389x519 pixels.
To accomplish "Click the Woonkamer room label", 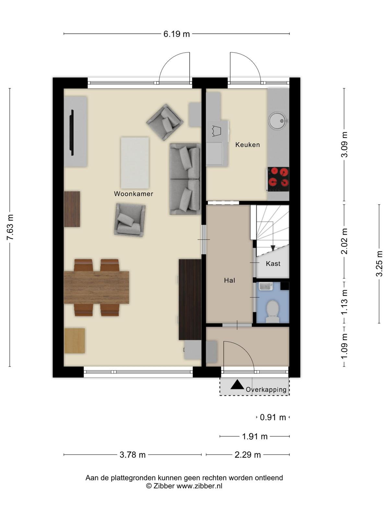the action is tap(134, 194).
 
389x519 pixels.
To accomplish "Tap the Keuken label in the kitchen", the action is tap(248, 145).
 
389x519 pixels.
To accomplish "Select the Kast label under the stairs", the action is tap(273, 263).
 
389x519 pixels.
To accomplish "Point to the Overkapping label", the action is tap(266, 390).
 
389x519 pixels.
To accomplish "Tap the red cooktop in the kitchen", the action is tap(278, 179).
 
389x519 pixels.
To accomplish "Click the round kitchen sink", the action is tap(278, 121).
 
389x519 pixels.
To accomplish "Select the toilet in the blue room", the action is tap(272, 312).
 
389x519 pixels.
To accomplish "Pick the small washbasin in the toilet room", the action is tap(266, 286).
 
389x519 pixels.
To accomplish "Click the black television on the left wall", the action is tap(72, 132).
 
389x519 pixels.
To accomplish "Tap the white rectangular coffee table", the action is tap(135, 163).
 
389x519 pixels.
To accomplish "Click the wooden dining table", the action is tap(96, 287).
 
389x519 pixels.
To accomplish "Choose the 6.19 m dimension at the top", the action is tap(177, 34).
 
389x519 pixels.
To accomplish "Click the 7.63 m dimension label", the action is tap(10, 227).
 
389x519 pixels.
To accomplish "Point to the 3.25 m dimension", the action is tap(379, 263).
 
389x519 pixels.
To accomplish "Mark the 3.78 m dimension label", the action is tap(133, 455).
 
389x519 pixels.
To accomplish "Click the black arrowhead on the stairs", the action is tap(273, 248).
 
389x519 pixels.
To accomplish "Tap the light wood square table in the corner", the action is tap(75, 341).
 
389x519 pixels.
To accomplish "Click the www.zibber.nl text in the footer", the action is tap(200, 486).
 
